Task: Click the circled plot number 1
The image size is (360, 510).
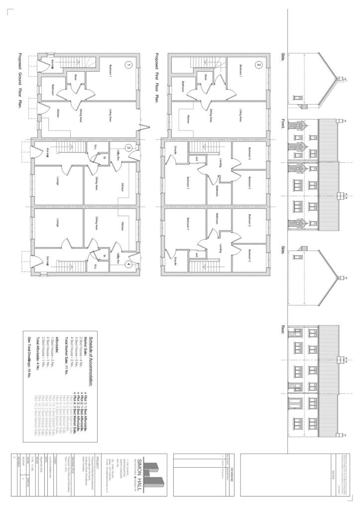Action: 128,65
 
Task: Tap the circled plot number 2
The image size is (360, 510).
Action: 258,64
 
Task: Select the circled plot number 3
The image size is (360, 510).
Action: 128,147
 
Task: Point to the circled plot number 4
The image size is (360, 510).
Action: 128,264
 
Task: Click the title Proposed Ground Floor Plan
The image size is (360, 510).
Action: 21,82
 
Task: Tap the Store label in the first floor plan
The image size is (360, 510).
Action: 205,77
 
